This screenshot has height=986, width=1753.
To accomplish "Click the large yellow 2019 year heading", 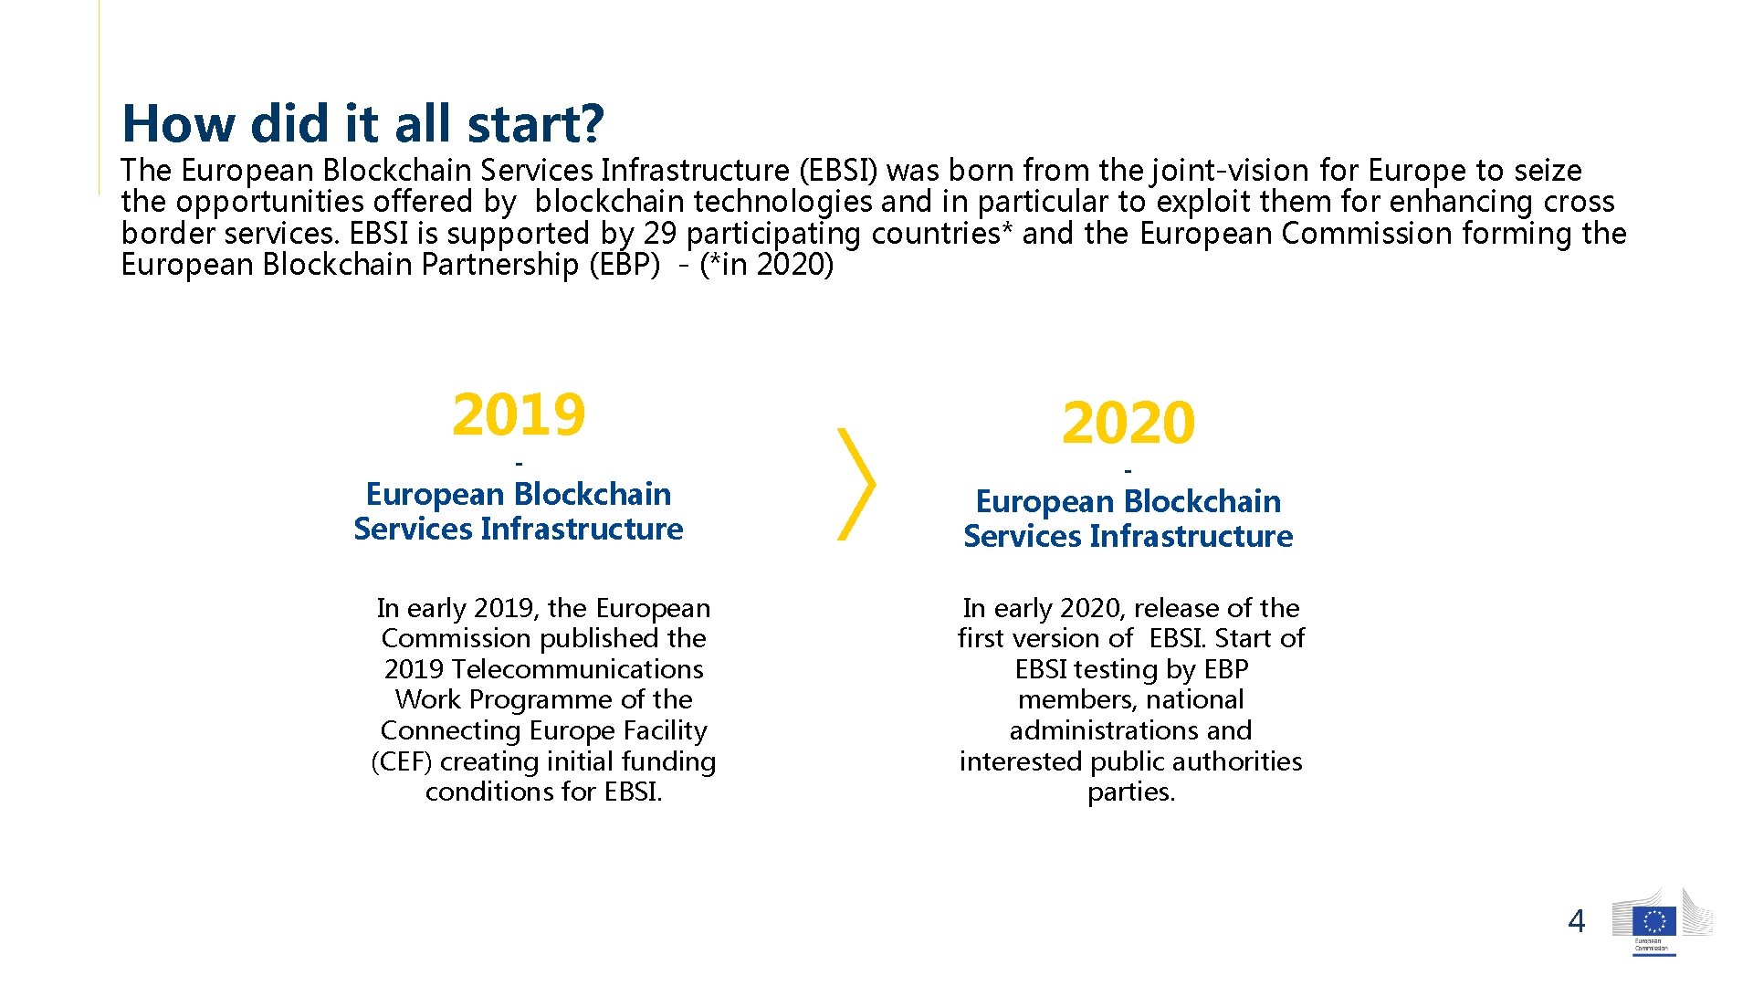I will pos(518,414).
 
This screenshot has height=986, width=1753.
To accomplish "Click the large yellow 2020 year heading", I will pos(1128,423).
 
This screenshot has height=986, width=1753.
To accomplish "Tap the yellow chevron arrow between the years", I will pos(856,484).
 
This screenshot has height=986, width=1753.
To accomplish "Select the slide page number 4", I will pos(1576,921).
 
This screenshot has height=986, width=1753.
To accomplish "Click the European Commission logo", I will pos(1653,923).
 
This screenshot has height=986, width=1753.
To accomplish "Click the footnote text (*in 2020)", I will pos(766,265).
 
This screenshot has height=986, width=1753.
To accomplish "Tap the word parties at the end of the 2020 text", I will pos(1130,792).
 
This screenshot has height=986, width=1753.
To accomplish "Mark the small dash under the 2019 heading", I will pos(519,464).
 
